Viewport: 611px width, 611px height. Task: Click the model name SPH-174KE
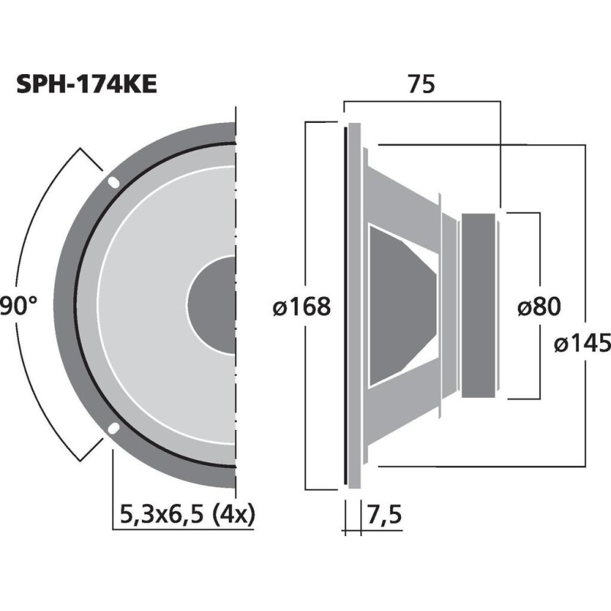point(86,84)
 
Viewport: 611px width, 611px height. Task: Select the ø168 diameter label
point(302,307)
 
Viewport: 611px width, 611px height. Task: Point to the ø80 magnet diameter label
point(538,307)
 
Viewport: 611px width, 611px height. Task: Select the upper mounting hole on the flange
point(112,183)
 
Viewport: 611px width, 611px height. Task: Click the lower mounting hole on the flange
point(112,428)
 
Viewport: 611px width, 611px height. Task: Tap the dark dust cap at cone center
point(214,305)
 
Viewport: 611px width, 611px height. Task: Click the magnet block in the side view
point(480,305)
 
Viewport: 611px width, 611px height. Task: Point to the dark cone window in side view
point(397,305)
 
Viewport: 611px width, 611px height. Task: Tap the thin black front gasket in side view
point(346,305)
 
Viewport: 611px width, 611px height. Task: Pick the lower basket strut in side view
point(405,412)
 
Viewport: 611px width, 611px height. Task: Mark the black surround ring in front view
point(77,305)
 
